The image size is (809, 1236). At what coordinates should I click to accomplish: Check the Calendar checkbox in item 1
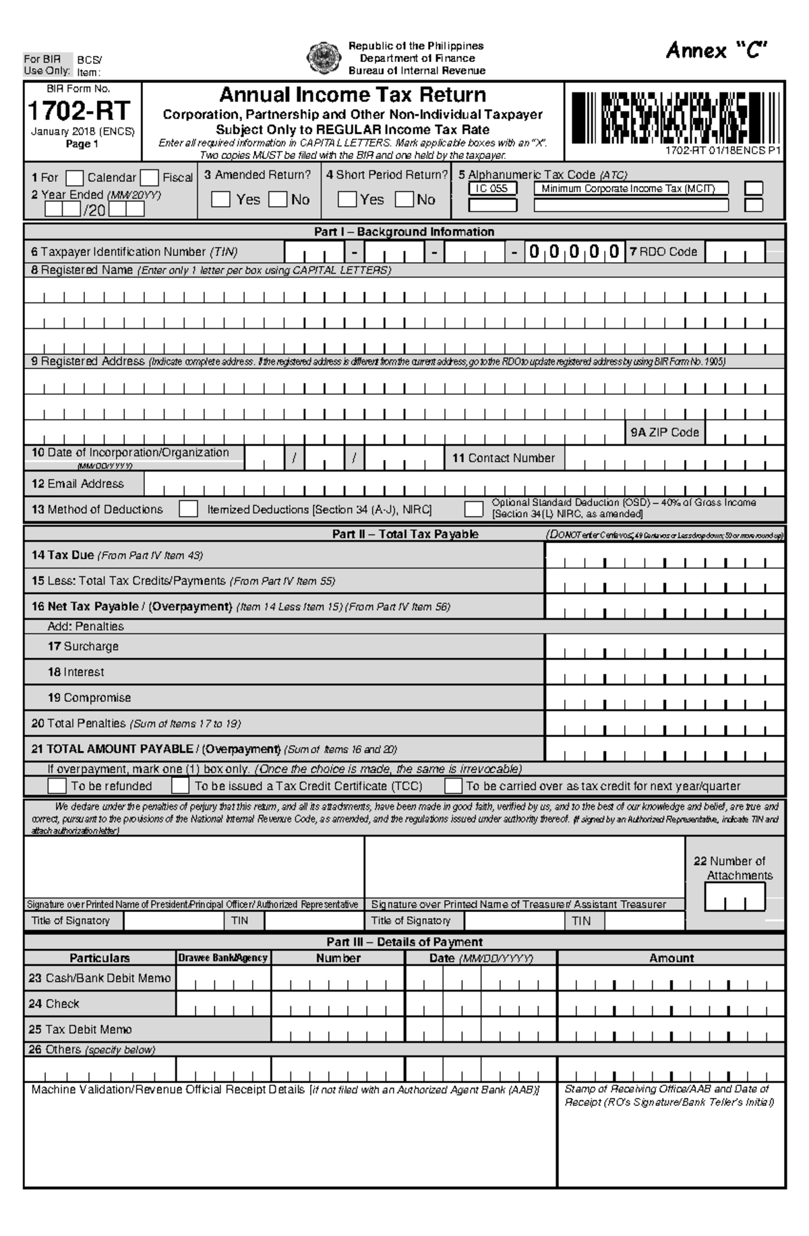click(x=75, y=178)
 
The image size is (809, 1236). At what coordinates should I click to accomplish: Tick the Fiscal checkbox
click(x=150, y=178)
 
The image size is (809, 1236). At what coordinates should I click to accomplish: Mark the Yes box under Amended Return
click(x=220, y=199)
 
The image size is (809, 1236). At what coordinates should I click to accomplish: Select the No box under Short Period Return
click(x=404, y=199)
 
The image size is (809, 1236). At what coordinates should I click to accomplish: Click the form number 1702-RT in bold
click(x=79, y=110)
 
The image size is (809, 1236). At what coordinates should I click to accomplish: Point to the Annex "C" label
click(x=717, y=51)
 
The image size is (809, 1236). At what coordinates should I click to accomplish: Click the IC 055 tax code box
click(x=492, y=189)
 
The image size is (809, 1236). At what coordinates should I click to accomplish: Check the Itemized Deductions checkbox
click(x=188, y=509)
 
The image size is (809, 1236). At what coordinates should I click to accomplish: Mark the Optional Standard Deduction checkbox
click(x=474, y=509)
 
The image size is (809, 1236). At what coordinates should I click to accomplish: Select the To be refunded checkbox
click(x=57, y=786)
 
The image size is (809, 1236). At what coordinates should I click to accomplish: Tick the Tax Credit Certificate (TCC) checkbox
click(x=180, y=786)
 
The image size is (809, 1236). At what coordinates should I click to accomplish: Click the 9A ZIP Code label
click(x=665, y=432)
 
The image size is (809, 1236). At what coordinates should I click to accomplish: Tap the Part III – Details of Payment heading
click(x=404, y=942)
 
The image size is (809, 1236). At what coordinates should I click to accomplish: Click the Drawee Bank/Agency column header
click(x=223, y=958)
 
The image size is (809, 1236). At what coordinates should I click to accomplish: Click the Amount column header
click(x=671, y=958)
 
